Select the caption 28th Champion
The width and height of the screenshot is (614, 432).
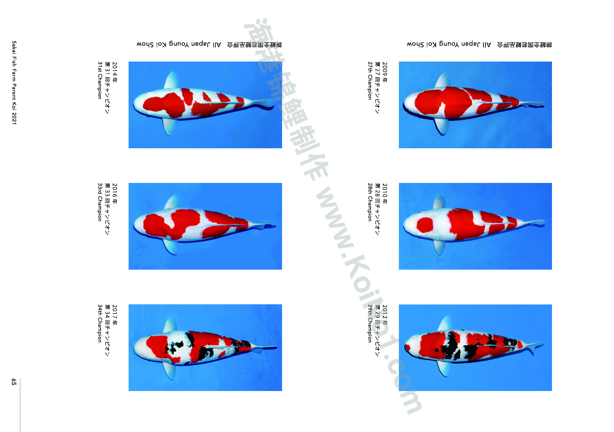tap(370, 202)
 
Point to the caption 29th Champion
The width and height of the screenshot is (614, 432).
tap(370, 324)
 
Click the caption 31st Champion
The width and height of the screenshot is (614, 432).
tap(100, 80)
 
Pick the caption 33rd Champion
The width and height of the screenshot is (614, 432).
tap(100, 202)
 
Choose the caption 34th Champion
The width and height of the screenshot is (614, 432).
tap(100, 324)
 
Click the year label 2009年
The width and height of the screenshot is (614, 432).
tap(385, 72)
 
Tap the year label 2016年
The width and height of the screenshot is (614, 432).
tap(115, 193)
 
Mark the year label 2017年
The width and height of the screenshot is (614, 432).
tap(115, 315)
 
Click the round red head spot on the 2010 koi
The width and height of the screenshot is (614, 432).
tap(425, 225)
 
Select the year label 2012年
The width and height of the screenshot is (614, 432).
tap(385, 315)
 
